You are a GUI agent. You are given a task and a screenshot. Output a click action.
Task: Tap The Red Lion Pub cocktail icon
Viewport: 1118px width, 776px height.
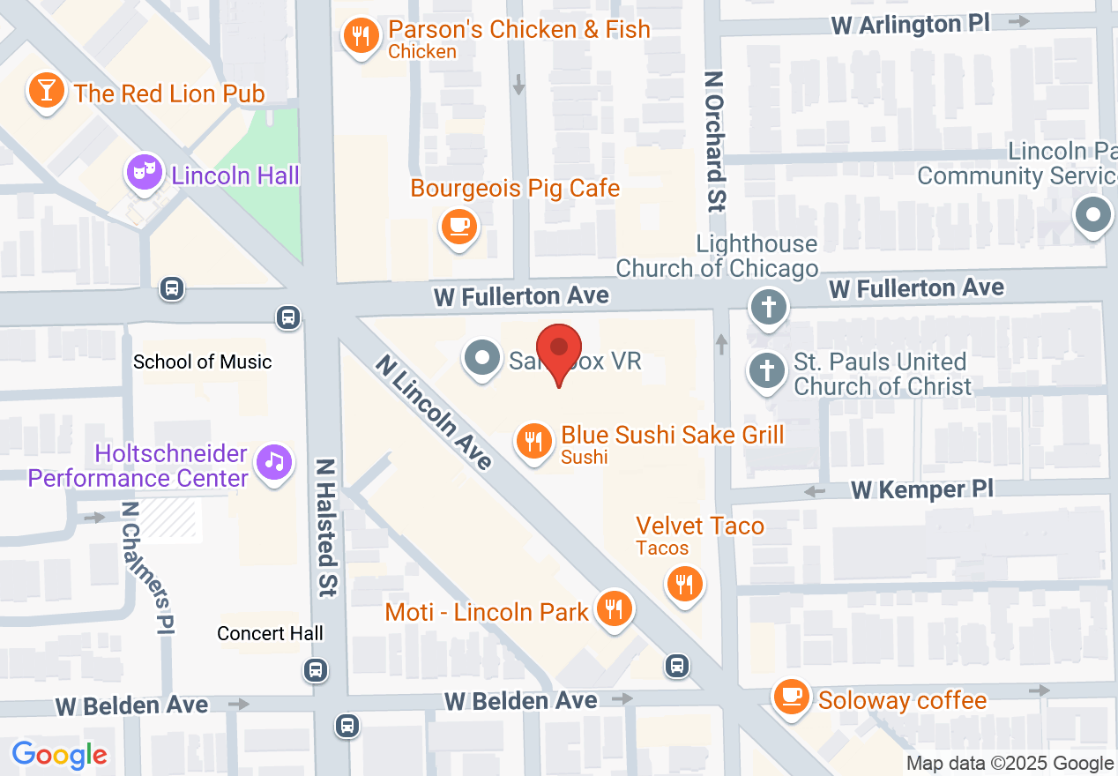[x=46, y=90]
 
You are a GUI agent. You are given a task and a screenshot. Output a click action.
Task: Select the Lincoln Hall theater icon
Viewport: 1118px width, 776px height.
[x=145, y=172]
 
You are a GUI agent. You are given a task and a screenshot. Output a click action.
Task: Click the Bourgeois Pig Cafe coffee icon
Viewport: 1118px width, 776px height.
[x=458, y=226]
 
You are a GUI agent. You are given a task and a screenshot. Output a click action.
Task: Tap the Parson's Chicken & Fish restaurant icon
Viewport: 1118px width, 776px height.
[x=361, y=36]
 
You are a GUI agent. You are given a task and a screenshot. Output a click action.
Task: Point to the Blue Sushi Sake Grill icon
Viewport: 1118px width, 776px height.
[x=533, y=438]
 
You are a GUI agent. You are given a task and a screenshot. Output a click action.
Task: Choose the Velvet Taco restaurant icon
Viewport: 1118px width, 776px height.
[x=683, y=583]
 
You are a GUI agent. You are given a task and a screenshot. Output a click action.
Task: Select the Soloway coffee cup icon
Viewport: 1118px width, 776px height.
[x=791, y=696]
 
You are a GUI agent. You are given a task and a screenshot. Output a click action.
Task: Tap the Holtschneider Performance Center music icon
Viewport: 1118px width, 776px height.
[x=274, y=460]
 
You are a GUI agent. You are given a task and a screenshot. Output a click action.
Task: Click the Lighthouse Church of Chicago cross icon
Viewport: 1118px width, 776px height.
[x=768, y=308]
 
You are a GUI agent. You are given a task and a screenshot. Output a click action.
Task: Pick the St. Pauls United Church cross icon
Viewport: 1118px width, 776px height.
[x=767, y=370]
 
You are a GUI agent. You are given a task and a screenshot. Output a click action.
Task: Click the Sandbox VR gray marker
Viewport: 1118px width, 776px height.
[x=482, y=359]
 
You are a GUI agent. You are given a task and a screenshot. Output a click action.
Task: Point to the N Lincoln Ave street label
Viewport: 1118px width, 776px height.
[x=433, y=412]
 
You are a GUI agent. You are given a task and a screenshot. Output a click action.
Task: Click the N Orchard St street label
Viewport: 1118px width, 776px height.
[x=714, y=141]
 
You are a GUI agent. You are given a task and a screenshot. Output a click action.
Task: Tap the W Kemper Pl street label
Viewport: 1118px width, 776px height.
[x=921, y=489]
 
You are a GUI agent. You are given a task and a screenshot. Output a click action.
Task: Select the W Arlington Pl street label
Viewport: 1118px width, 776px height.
[x=911, y=24]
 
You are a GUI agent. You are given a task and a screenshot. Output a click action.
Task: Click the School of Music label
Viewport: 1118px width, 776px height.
[x=203, y=362]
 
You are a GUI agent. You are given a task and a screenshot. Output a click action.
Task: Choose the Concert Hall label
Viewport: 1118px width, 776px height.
[x=270, y=633]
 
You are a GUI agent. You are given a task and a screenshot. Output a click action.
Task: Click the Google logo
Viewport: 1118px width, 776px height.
[x=59, y=755]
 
